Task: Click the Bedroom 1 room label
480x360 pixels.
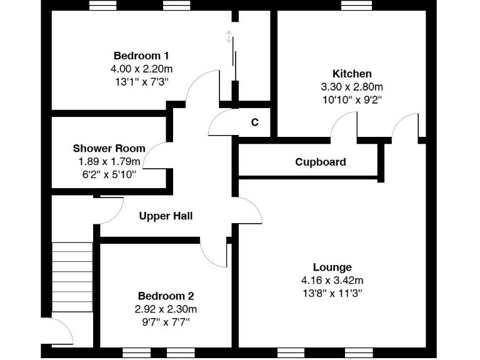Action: pyautogui.click(x=141, y=56)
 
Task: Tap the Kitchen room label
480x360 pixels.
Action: pyautogui.click(x=351, y=74)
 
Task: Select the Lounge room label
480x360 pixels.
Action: pyautogui.click(x=332, y=267)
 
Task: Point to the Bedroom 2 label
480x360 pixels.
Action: pyautogui.click(x=166, y=296)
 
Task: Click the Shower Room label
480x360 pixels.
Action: pyautogui.click(x=109, y=149)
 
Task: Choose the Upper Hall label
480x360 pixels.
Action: pyautogui.click(x=165, y=216)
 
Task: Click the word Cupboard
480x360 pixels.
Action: pyautogui.click(x=320, y=162)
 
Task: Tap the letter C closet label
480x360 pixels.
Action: pyautogui.click(x=254, y=122)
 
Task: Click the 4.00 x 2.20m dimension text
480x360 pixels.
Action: pyautogui.click(x=141, y=68)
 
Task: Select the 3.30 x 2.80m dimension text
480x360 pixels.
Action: pyautogui.click(x=351, y=86)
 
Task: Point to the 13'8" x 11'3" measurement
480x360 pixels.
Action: pyautogui.click(x=332, y=292)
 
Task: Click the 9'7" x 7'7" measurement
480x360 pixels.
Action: pyautogui.click(x=166, y=321)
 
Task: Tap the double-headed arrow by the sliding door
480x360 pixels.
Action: pyautogui.click(x=229, y=37)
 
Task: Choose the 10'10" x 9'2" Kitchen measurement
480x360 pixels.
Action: pyautogui.click(x=351, y=99)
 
